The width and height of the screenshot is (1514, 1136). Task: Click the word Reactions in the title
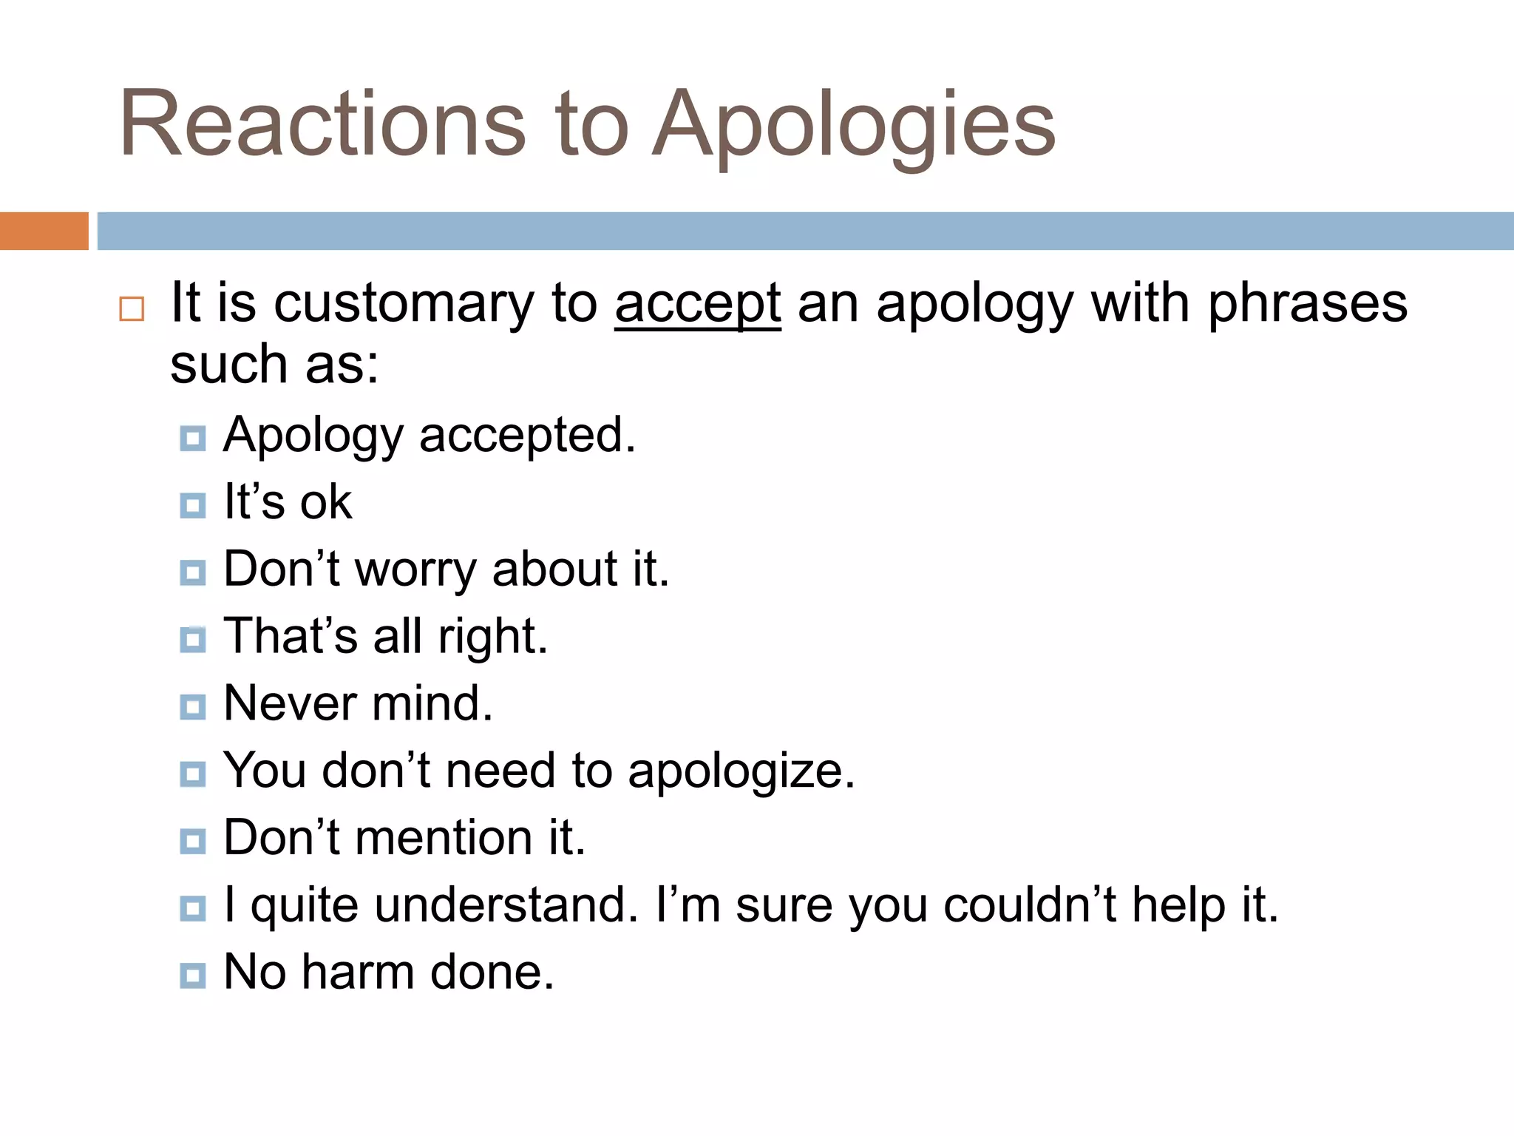click(322, 124)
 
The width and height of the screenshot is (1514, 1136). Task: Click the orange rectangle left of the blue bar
click(44, 231)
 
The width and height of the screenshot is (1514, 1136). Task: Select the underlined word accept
click(697, 305)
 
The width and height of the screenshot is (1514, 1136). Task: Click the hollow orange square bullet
click(132, 308)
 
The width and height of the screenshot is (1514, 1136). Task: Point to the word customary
click(404, 305)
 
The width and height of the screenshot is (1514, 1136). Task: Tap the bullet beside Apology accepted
click(193, 439)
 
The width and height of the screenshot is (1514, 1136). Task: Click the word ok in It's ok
click(325, 503)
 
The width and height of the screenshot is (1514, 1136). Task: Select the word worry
click(416, 570)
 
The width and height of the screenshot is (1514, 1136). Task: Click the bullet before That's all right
click(193, 640)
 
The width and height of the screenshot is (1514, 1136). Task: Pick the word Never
click(289, 703)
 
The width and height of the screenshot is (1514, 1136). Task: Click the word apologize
click(741, 772)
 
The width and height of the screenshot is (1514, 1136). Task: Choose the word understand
click(506, 905)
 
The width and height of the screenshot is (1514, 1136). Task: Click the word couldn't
click(1030, 905)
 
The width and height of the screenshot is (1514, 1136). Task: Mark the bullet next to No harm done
click(193, 976)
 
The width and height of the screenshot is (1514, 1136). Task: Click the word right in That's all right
click(492, 638)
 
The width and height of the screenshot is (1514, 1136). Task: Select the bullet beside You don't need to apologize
click(193, 774)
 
